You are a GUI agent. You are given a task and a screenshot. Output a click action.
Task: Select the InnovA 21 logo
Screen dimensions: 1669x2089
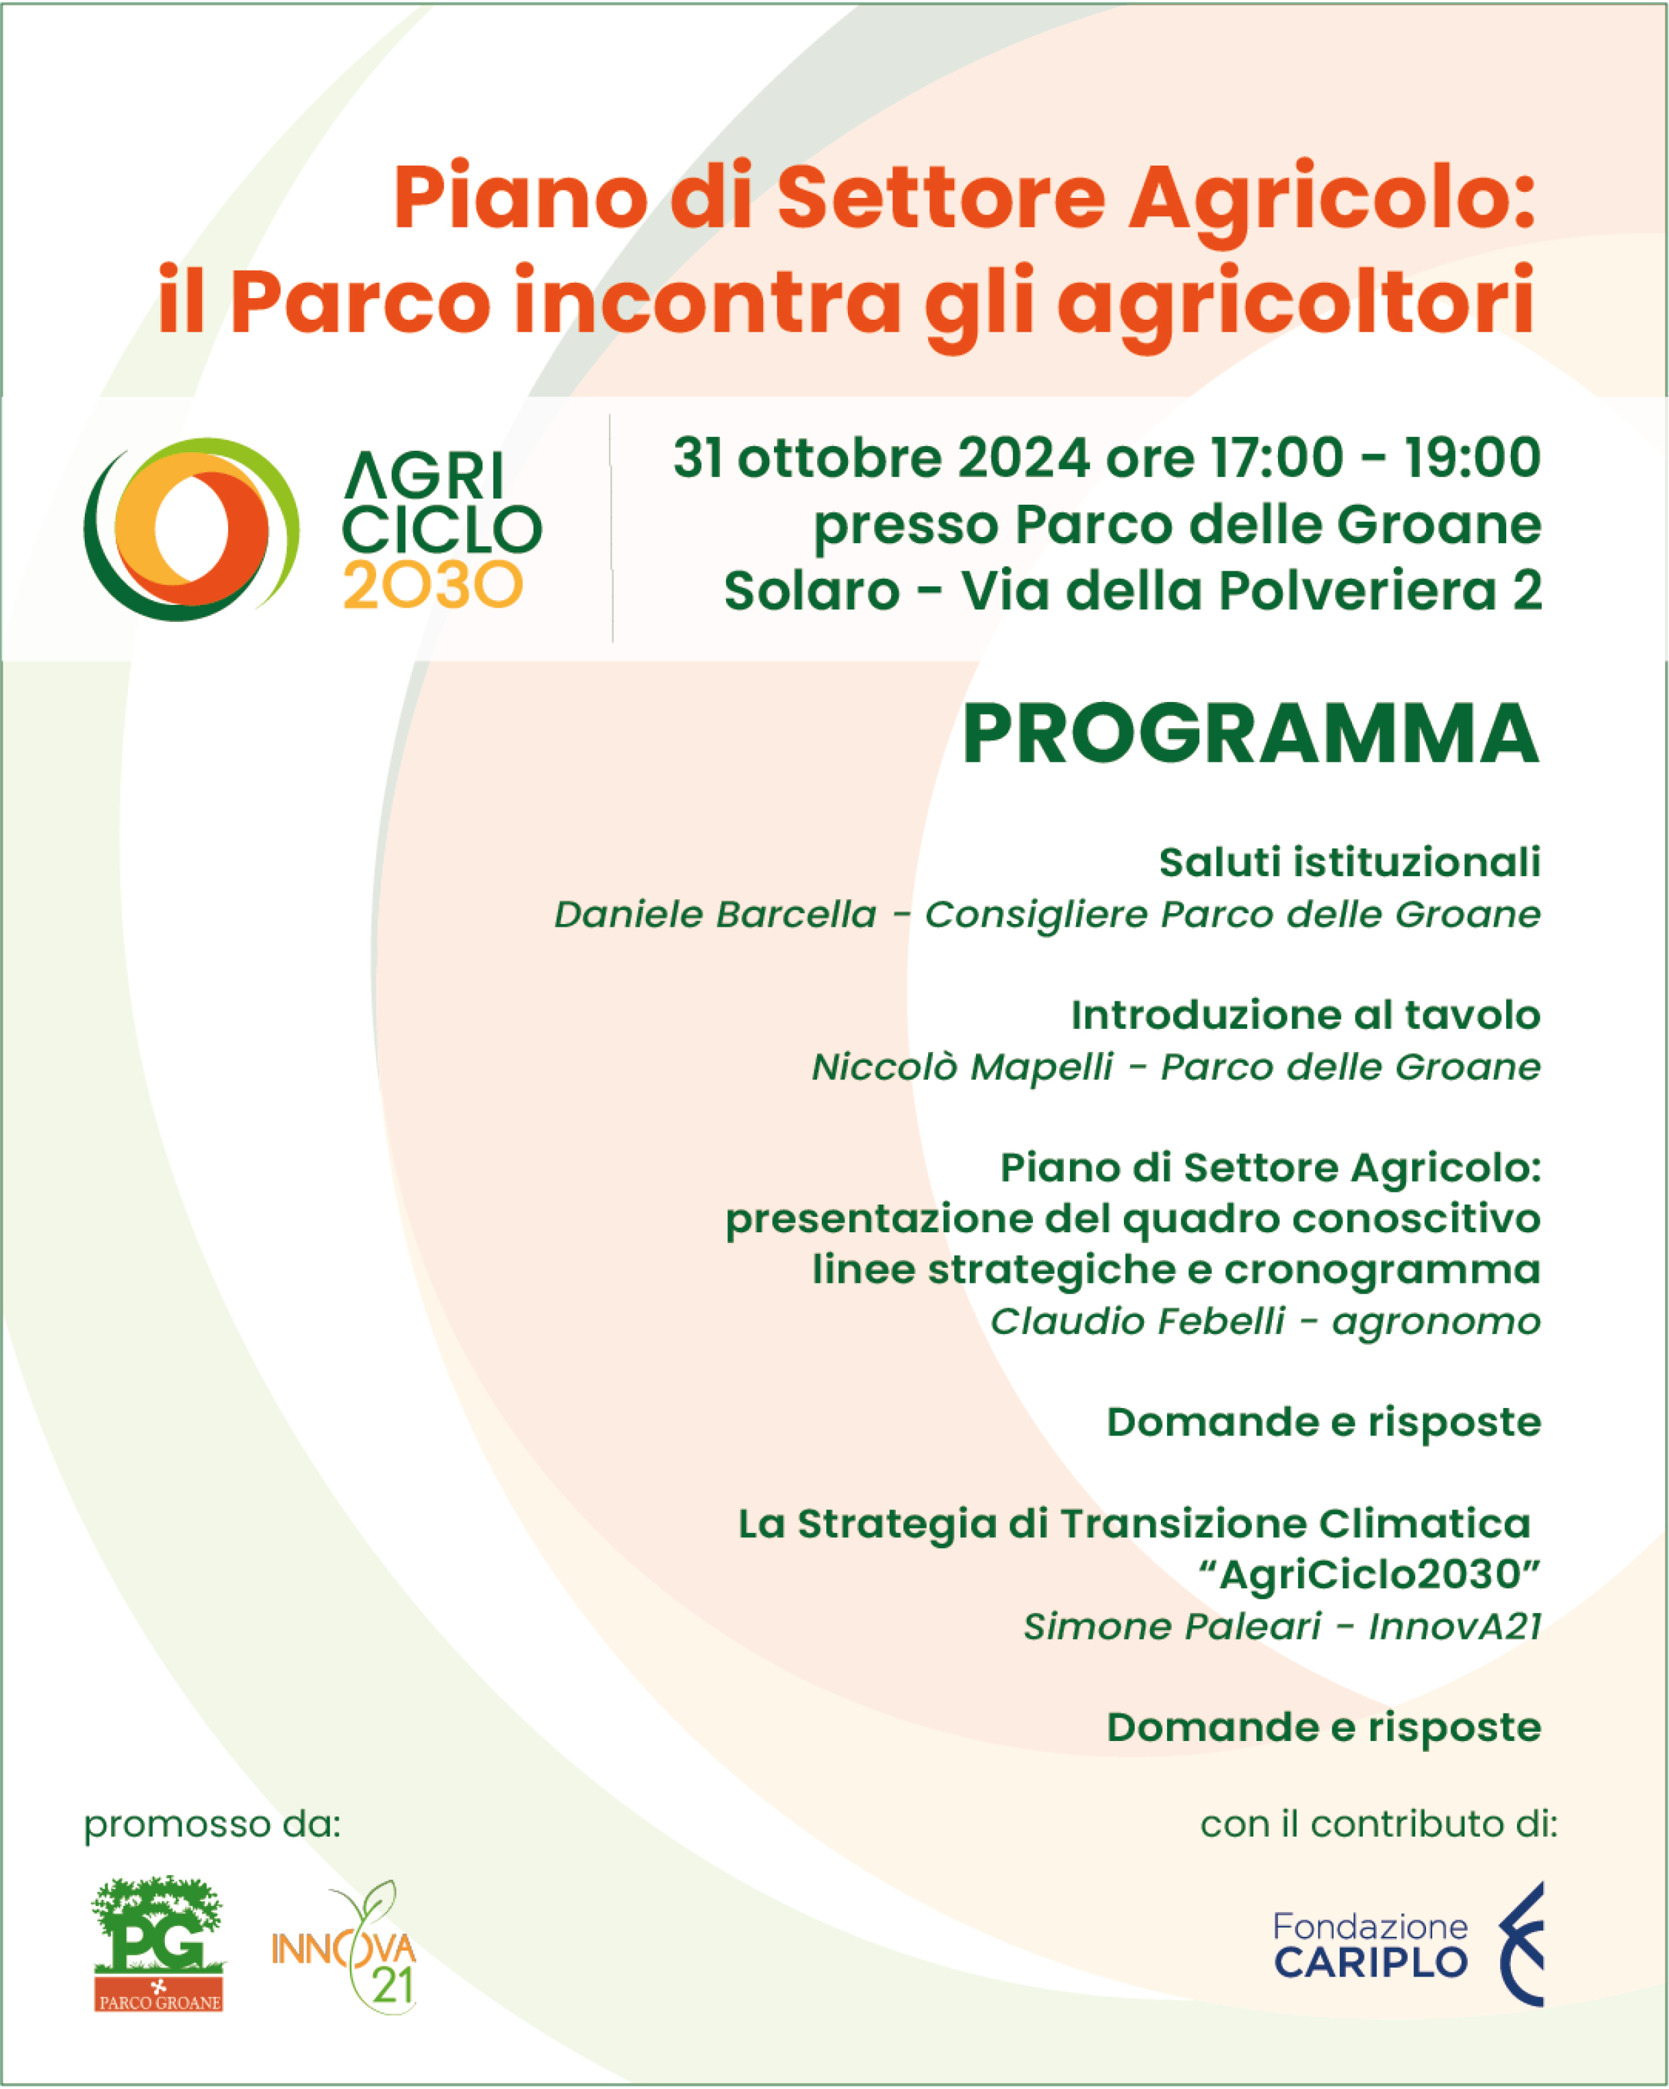345,1948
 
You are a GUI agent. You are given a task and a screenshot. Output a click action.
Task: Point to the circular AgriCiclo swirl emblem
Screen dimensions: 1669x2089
191,529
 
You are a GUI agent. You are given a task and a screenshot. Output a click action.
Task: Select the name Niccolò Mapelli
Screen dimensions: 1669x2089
962,1067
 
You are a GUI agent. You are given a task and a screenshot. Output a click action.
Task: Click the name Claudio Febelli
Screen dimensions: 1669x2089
1137,1320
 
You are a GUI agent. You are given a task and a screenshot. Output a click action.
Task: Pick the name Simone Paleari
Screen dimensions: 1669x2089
1172,1626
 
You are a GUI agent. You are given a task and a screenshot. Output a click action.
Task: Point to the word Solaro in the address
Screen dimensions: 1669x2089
812,590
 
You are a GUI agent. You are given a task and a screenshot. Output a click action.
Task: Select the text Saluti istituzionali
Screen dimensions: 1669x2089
1349,861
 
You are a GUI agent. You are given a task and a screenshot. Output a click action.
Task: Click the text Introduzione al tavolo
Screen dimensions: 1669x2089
1306,1014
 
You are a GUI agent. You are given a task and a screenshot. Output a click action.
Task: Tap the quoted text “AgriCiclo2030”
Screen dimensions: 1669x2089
1369,1575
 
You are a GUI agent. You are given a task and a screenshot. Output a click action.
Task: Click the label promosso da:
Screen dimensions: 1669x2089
212,1824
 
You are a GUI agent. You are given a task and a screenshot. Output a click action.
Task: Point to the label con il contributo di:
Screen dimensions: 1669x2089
1378,1824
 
